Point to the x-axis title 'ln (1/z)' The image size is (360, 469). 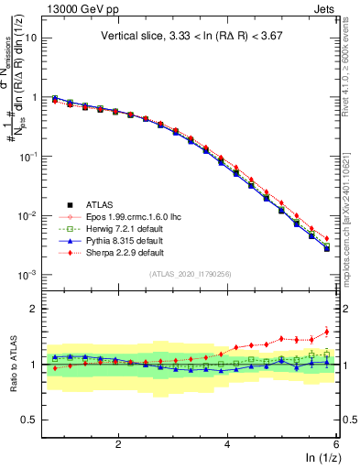coord(320,458)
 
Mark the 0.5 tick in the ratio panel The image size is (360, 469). coord(27,420)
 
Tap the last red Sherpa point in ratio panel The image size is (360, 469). coord(327,333)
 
